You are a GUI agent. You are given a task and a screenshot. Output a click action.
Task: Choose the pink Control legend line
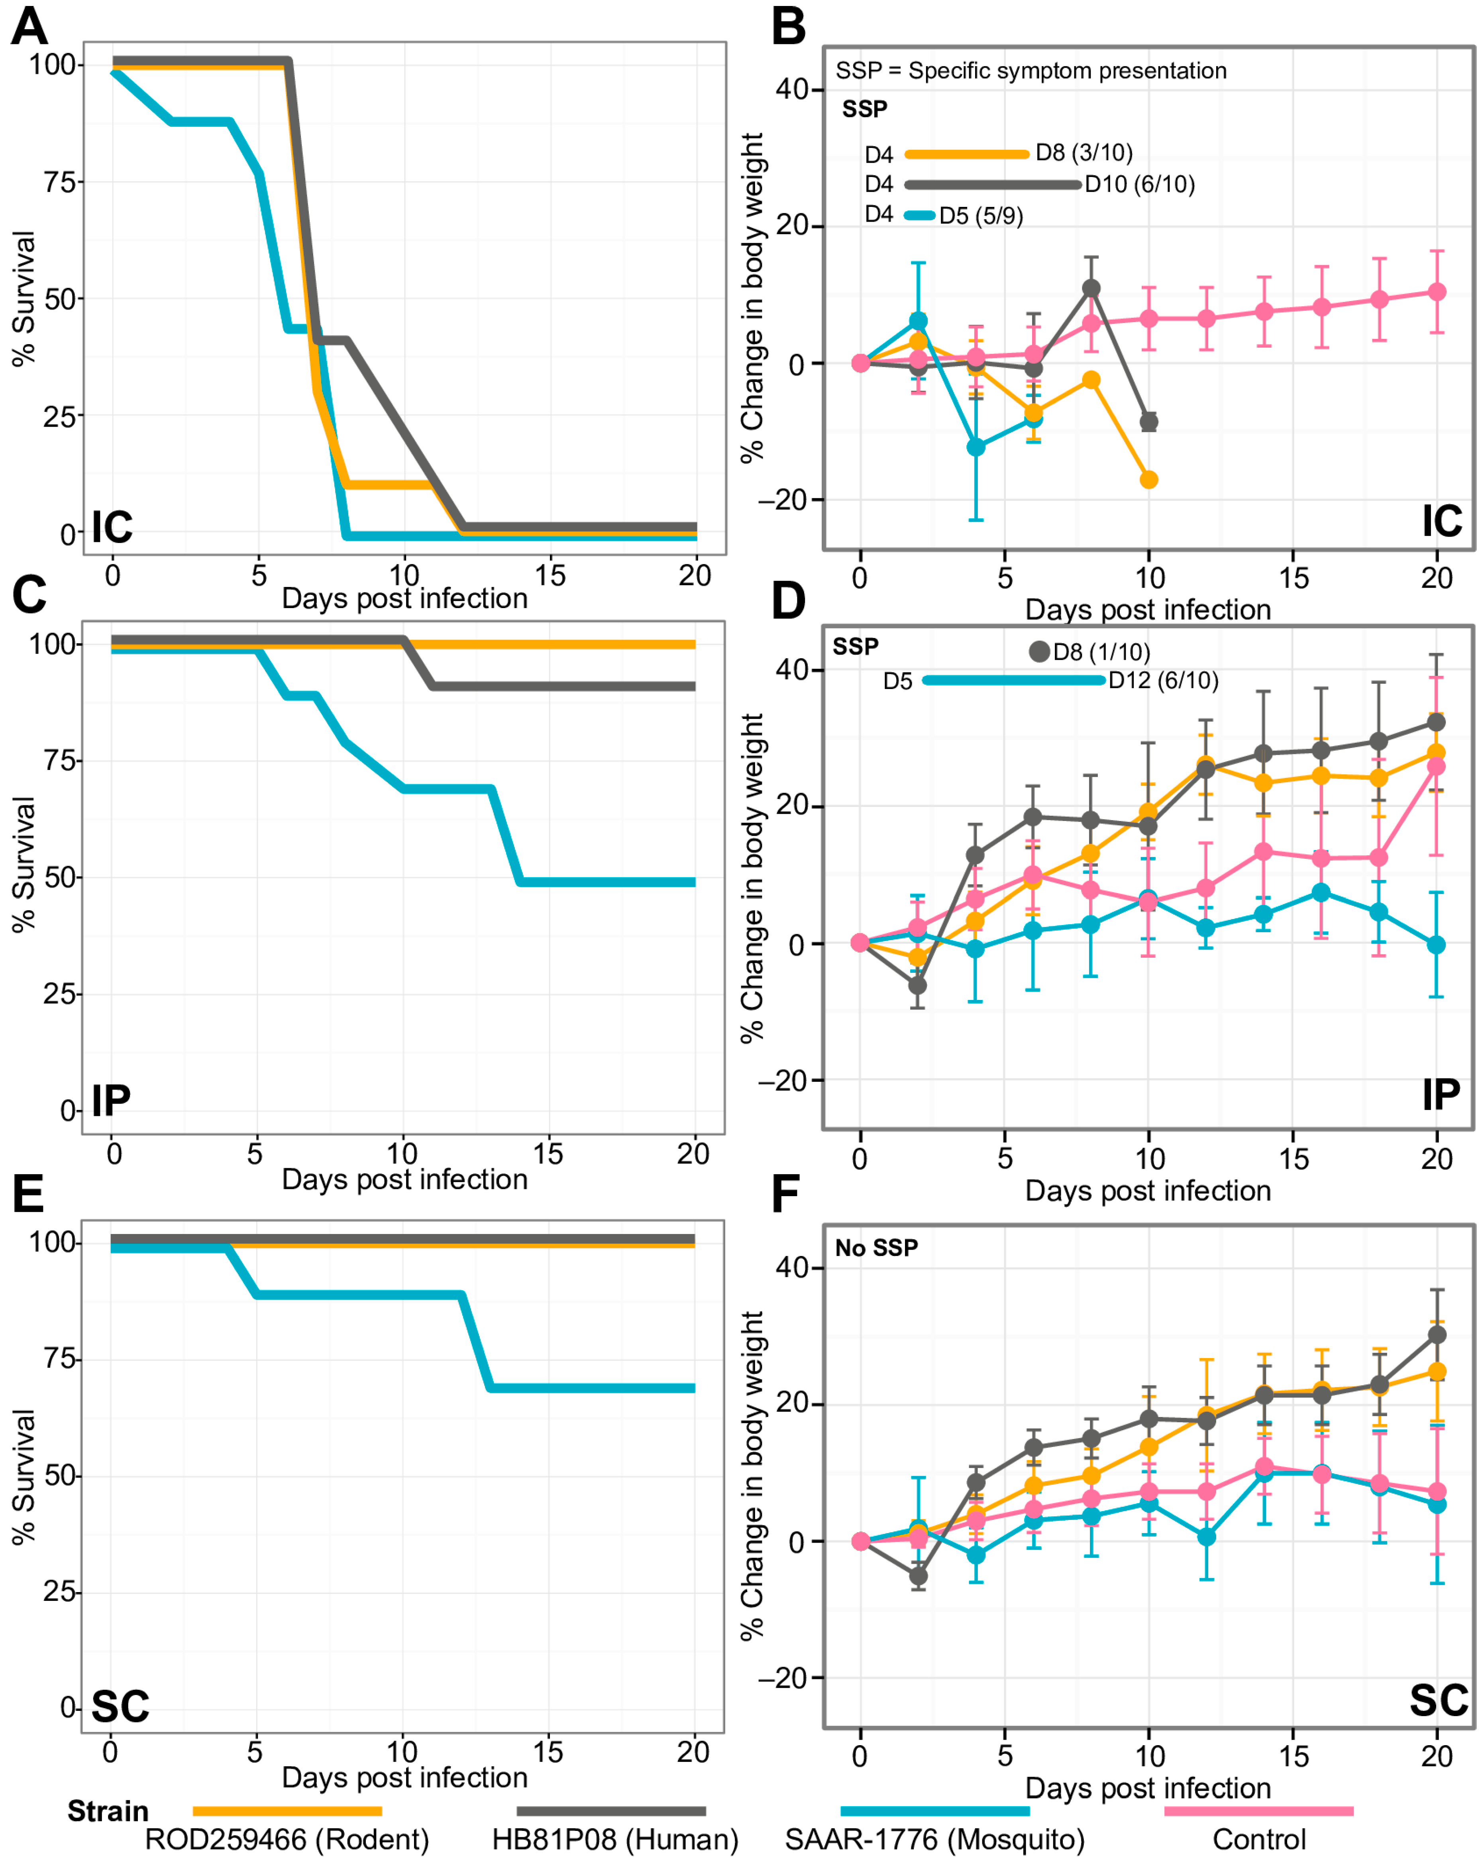[1259, 1810]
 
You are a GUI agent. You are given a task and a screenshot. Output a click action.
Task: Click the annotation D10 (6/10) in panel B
[1140, 184]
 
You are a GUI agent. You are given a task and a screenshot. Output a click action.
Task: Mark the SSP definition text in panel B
[1031, 71]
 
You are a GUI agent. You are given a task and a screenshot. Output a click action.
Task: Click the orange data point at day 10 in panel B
[1148, 479]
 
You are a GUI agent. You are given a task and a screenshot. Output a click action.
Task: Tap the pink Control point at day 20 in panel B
[1437, 292]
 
